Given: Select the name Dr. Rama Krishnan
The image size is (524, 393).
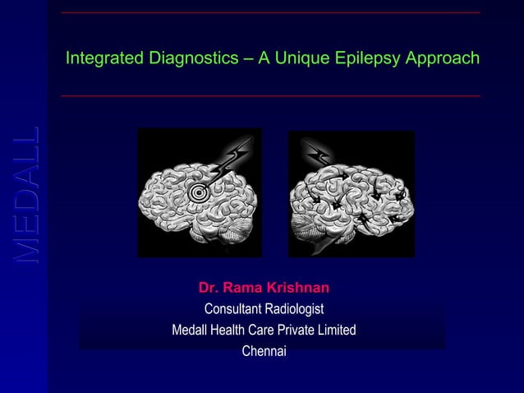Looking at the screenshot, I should [264, 288].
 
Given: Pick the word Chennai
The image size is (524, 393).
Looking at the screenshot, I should [264, 351].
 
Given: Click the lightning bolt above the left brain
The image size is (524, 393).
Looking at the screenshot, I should [231, 158].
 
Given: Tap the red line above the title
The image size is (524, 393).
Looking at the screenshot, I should [270, 13].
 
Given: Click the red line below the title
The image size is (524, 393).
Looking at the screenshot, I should [270, 96].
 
